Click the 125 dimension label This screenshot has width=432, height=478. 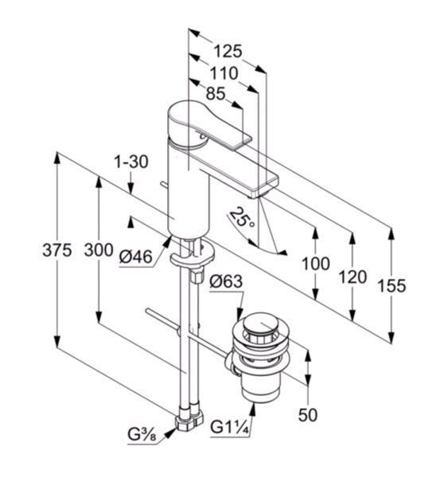(228, 51)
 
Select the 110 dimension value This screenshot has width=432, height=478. (224, 73)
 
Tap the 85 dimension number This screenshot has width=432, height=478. (216, 93)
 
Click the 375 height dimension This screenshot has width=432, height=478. (57, 250)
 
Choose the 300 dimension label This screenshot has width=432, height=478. (99, 250)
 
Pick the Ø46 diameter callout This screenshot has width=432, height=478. (135, 257)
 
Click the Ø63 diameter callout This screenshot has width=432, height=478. (226, 281)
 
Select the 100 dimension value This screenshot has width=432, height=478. (315, 264)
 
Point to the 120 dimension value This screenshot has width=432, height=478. (352, 277)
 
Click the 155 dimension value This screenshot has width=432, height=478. (391, 286)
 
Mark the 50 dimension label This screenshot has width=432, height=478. (308, 414)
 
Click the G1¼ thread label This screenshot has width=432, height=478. (230, 428)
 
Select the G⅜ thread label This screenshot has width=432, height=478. (142, 435)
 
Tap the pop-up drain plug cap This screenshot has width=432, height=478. (259, 326)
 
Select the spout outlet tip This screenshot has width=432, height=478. (255, 195)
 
